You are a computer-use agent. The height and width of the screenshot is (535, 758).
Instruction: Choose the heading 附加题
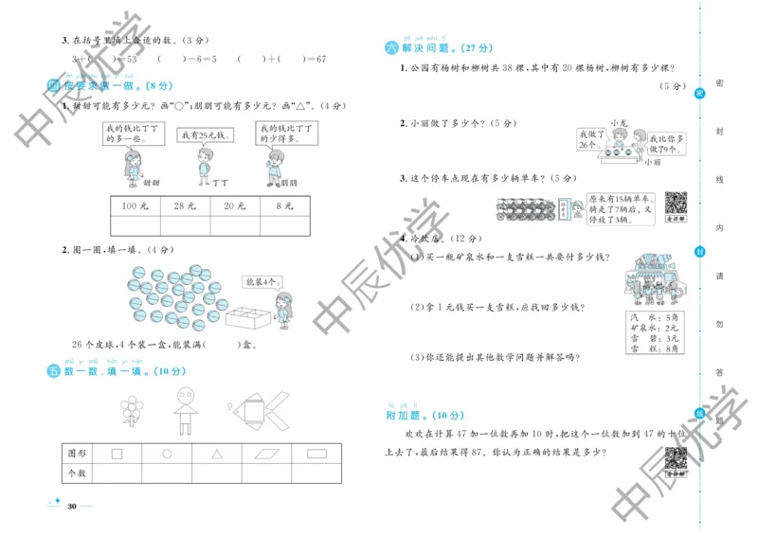[409, 415]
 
